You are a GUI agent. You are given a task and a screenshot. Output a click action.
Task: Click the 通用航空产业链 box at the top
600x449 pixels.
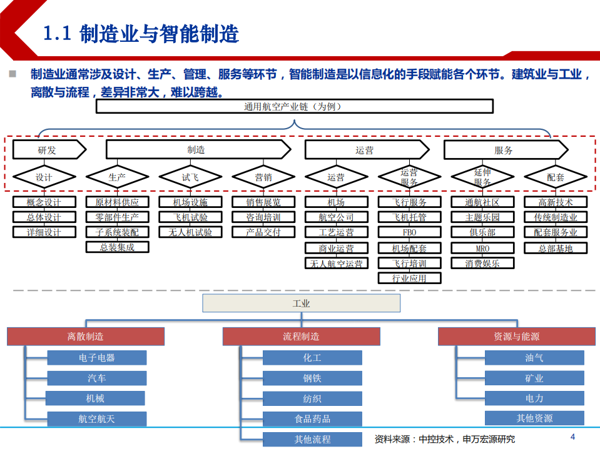(x=292, y=107)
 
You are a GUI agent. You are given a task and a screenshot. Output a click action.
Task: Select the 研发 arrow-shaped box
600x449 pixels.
(x=48, y=150)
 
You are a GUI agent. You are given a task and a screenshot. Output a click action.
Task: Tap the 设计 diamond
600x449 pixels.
(x=44, y=177)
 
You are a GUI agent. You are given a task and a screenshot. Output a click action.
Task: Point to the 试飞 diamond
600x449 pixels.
(x=190, y=177)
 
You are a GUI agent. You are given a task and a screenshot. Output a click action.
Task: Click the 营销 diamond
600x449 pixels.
(x=263, y=177)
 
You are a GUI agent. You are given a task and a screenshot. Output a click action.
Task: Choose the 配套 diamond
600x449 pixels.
(x=556, y=177)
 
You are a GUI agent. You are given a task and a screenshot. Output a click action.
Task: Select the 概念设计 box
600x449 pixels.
(x=44, y=202)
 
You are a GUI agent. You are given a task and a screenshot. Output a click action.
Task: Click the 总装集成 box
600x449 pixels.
(x=117, y=247)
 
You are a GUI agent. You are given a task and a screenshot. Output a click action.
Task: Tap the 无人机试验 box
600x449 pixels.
(x=190, y=232)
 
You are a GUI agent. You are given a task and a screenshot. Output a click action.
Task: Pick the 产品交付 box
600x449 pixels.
(x=263, y=232)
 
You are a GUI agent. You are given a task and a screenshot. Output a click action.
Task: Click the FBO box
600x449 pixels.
(x=410, y=232)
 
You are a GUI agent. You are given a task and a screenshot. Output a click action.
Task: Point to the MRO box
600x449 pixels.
(x=482, y=248)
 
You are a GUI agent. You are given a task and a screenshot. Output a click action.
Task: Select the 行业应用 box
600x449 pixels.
(x=410, y=278)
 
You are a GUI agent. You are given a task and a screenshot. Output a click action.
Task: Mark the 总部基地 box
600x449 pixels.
(x=556, y=248)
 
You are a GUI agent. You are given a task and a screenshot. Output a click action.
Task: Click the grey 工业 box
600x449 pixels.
(x=302, y=304)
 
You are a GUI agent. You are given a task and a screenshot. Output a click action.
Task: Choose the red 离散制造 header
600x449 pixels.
(x=86, y=337)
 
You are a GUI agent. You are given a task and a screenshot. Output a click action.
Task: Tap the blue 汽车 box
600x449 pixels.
(x=97, y=378)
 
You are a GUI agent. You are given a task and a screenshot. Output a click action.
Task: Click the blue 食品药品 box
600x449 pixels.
(x=312, y=418)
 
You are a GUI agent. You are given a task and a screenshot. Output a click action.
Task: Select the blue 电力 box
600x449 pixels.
(x=534, y=398)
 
